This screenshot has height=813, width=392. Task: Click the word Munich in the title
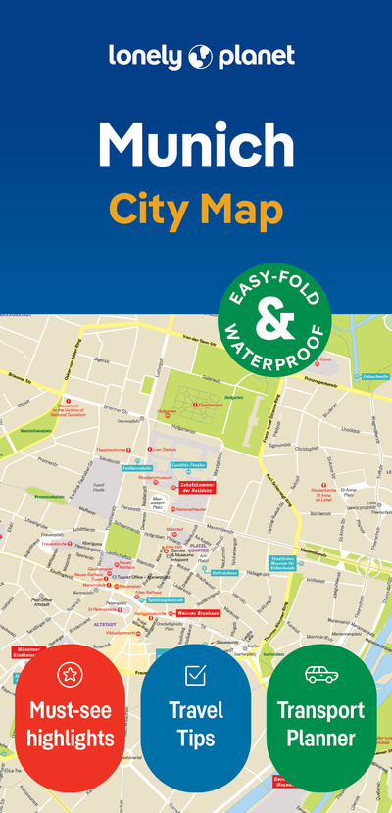coord(196,145)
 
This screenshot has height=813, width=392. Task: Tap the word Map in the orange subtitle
coord(246,209)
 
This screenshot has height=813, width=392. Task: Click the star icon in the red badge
coord(70,674)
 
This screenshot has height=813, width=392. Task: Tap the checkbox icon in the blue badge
coord(195,674)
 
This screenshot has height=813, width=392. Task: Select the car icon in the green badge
coord(320,674)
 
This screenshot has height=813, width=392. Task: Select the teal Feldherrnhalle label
coord(136,468)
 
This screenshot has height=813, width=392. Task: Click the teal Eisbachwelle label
coord(375,375)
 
